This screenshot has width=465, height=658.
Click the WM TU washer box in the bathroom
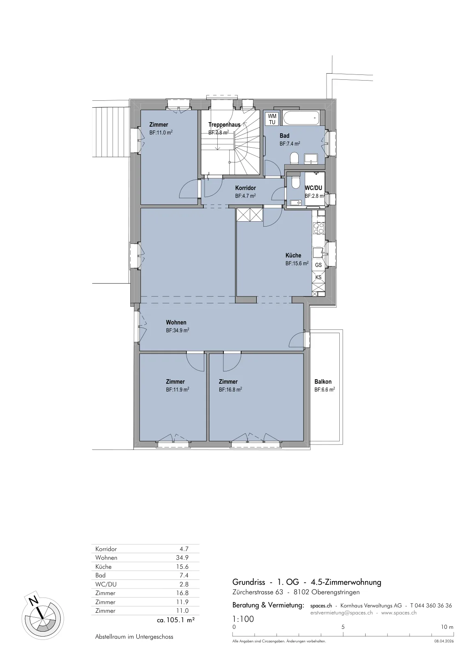272,119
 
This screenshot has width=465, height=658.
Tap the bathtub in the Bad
301,118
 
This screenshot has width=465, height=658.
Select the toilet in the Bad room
294,158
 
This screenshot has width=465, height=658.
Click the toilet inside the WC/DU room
295,183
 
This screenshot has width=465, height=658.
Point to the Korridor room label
245,188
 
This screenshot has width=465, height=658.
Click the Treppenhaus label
224,125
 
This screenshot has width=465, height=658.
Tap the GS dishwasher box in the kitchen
318,265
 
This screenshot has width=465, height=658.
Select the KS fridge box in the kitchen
318,277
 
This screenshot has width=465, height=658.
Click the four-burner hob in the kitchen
319,228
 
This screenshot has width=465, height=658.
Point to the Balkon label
323,382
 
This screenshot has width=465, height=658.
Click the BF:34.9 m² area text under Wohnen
177,331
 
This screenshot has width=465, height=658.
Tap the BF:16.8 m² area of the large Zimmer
230,390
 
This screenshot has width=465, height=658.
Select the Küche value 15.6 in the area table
183,567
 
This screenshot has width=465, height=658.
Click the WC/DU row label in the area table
104,584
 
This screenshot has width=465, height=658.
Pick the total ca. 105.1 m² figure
176,620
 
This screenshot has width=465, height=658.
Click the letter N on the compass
34,601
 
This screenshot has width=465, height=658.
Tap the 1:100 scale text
243,619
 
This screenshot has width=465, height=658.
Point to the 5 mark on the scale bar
343,627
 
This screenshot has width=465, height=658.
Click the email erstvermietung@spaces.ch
341,613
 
